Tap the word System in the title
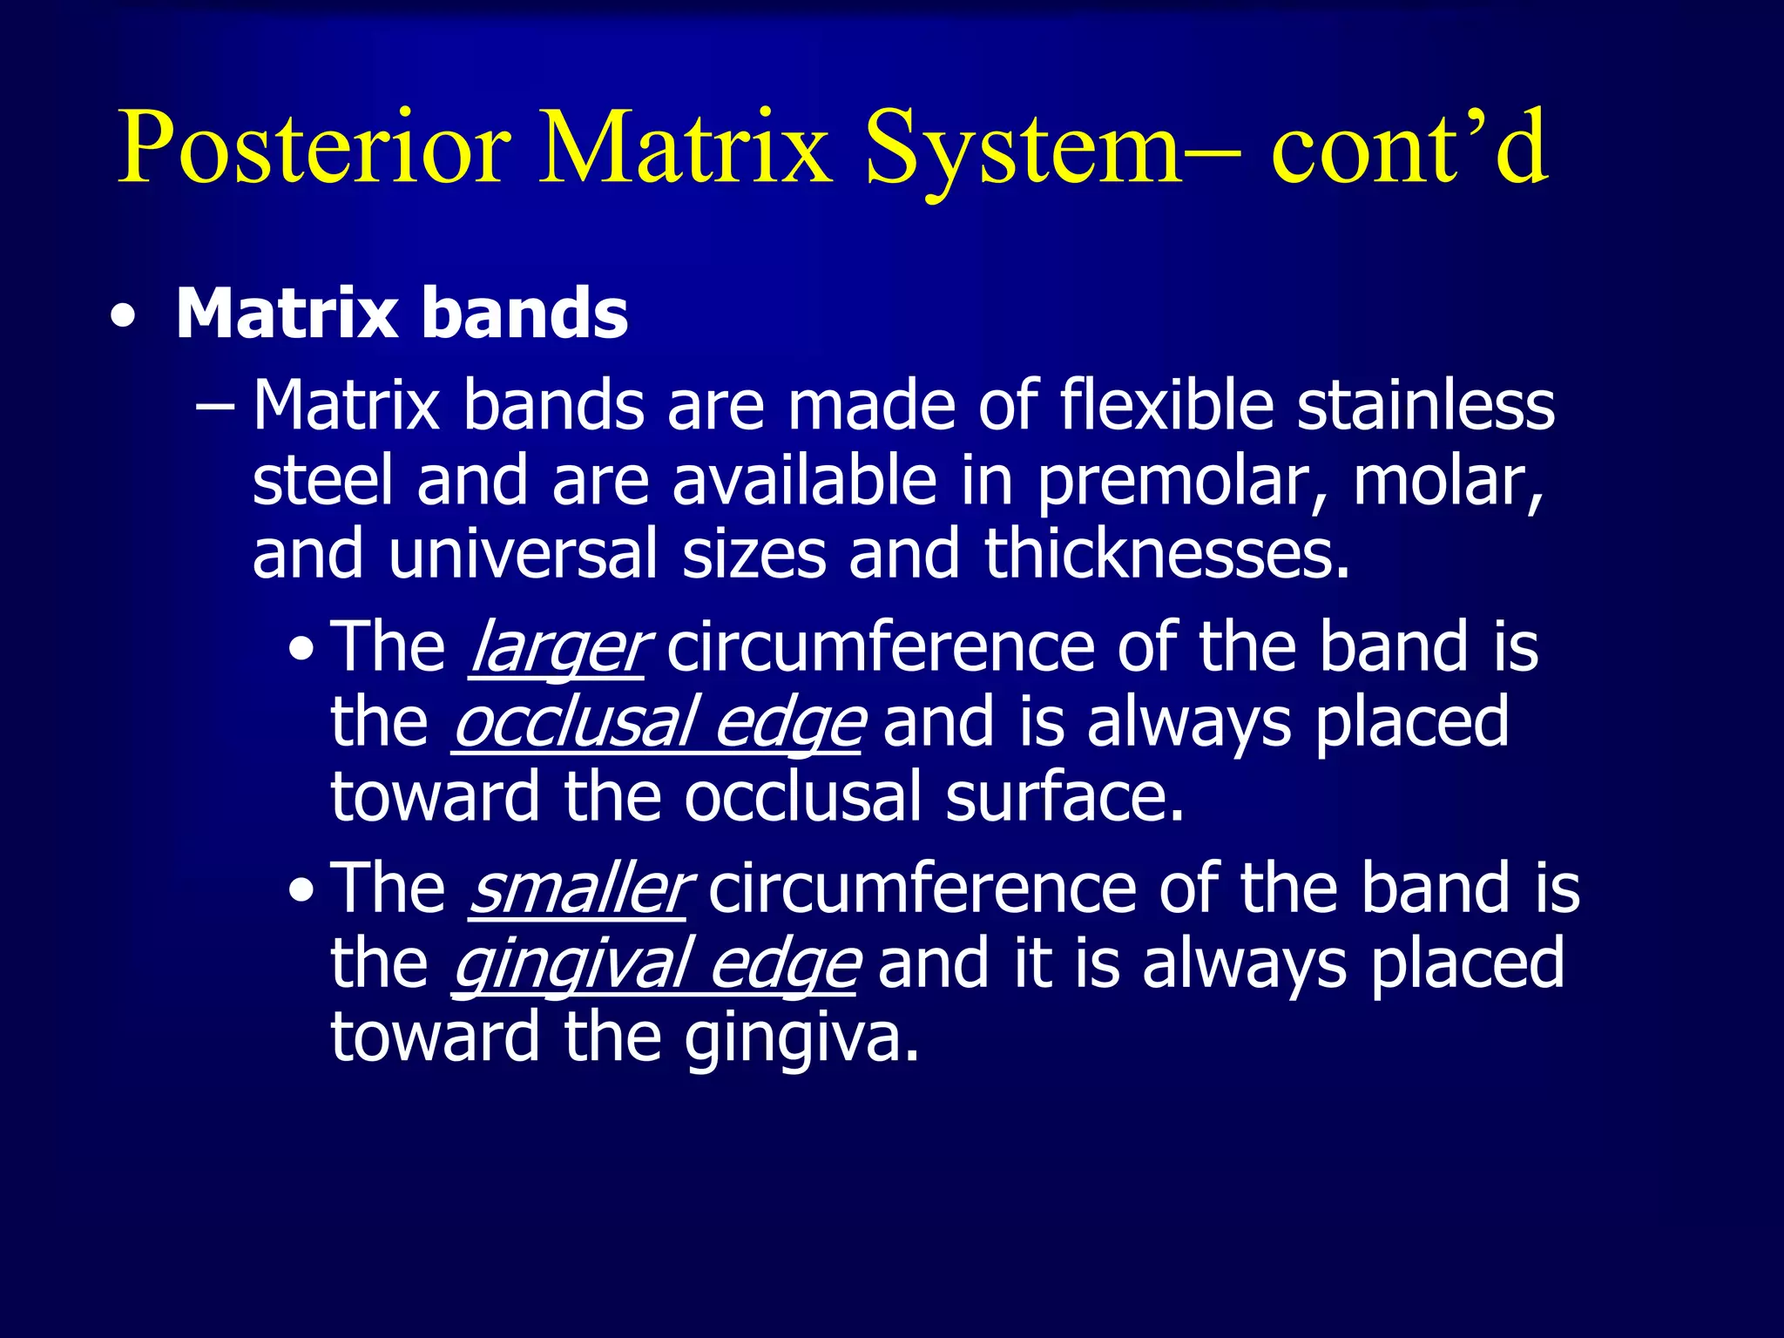point(1024,148)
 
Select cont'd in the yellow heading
point(1409,148)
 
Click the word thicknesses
point(1166,555)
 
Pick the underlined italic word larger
point(557,647)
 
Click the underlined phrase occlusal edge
point(658,723)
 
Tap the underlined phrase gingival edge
point(655,964)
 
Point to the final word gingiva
point(801,1038)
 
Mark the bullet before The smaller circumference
point(301,891)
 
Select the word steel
point(323,482)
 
